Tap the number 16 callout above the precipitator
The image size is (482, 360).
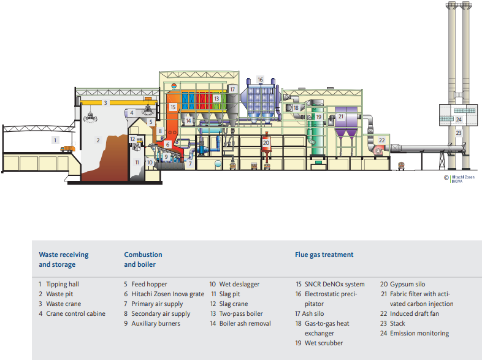[x=260, y=80]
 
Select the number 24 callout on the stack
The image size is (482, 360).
[x=458, y=118]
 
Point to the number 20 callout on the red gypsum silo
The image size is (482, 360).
[x=266, y=142]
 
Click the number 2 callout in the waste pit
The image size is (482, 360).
[x=98, y=140]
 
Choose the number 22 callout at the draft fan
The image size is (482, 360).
[x=381, y=140]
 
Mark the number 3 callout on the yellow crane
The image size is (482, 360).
[x=105, y=102]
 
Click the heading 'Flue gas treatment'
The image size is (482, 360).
[x=324, y=255]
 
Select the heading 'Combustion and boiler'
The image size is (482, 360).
[x=143, y=259]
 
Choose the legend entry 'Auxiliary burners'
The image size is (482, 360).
[x=155, y=323]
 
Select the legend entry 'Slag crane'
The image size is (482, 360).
[x=233, y=304]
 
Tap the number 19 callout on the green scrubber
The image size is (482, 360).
[x=319, y=117]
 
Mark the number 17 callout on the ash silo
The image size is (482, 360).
[x=232, y=89]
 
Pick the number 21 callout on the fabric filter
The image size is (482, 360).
[x=342, y=116]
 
